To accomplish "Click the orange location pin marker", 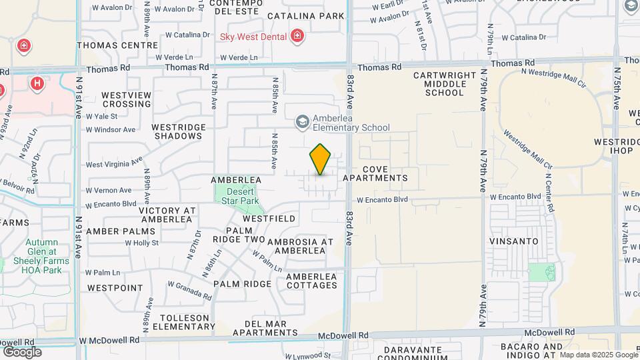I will pos(320,159).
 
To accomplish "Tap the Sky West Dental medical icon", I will pos(297,36).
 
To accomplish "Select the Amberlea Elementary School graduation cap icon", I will pos(302,121).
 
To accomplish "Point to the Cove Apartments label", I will pos(375,173).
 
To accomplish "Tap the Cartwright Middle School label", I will pos(444,84).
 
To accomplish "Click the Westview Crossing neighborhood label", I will pos(126,99).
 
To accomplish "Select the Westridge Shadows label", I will pos(177,131).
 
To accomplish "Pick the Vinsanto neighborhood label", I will pos(513,241).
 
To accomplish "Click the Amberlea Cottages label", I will pos(311,281).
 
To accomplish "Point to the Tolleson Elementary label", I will pos(183,321).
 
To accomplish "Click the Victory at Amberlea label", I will pos(167,215).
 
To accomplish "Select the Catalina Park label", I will pos(306,15).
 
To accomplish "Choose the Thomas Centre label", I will pos(117,45).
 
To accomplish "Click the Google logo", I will pos(22,352).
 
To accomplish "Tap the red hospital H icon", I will pos(37,83).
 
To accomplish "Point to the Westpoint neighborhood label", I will pos(115,288).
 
